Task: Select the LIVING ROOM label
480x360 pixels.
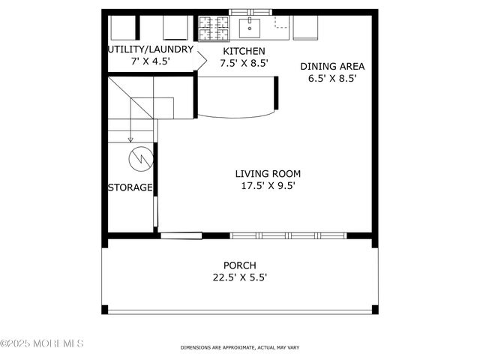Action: point(261,174)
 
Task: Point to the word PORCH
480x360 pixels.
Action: point(240,265)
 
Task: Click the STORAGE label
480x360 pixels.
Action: point(130,187)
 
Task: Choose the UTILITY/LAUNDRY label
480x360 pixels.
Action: point(151,49)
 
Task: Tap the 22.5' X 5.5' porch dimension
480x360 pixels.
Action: point(240,277)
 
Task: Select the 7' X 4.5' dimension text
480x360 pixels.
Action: point(149,61)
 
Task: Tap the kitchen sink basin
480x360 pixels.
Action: point(250,28)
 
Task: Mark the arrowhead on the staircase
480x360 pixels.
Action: point(130,139)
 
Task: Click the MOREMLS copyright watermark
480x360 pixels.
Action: point(42,343)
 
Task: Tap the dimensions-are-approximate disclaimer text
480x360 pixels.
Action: point(239,348)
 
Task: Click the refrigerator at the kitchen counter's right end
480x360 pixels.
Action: point(306,27)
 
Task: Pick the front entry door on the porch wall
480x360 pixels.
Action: point(181,235)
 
